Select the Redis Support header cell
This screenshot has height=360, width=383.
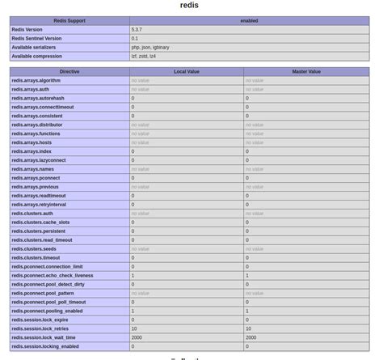point(69,20)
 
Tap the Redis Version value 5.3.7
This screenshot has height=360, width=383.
point(138,29)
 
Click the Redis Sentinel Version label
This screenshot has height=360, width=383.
point(36,38)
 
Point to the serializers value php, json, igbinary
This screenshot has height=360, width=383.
point(150,47)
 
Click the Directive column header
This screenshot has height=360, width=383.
point(69,71)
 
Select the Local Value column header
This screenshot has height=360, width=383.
point(187,71)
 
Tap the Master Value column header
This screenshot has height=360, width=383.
point(306,71)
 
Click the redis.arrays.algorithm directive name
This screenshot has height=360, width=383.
point(36,80)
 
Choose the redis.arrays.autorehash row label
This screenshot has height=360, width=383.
point(38,98)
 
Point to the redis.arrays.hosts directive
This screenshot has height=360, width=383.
point(32,142)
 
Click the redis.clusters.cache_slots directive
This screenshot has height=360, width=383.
point(40,222)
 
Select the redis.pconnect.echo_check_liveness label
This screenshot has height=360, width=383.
point(53,276)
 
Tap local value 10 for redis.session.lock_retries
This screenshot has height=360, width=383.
point(134,329)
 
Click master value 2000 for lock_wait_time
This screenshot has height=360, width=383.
point(251,338)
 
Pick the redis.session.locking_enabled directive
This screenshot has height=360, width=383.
point(45,347)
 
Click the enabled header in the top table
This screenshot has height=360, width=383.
point(249,20)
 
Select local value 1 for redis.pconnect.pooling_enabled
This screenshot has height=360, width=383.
point(133,311)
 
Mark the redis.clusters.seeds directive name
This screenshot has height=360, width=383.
point(34,249)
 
